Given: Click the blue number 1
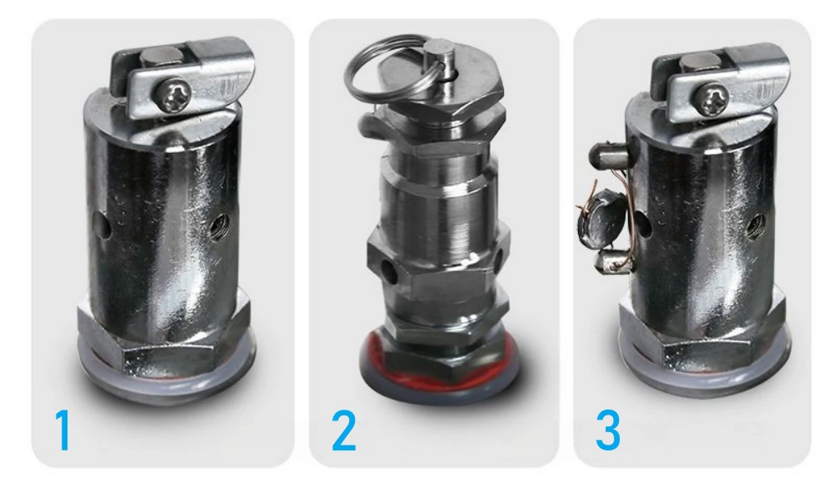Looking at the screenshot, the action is click(x=63, y=430).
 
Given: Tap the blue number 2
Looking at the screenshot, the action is click(x=344, y=430).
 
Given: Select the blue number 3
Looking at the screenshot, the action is click(x=608, y=430).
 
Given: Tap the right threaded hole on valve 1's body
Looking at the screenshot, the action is click(x=217, y=226).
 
